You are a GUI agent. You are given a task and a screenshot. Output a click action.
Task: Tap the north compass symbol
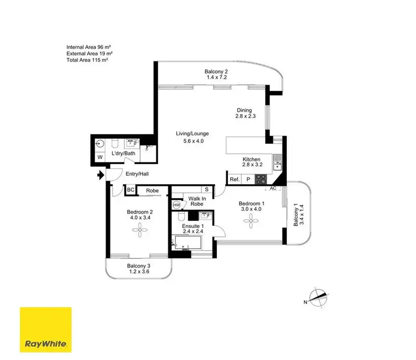pyautogui.click(x=318, y=299)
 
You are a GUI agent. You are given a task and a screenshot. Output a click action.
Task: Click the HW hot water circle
pyautogui.click(x=177, y=205)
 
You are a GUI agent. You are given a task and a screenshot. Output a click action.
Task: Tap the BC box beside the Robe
pyautogui.click(x=131, y=190)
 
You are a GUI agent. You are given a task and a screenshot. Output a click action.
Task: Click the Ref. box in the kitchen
pyautogui.click(x=234, y=179)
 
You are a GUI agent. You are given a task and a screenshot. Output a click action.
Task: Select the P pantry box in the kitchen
pyautogui.click(x=248, y=179)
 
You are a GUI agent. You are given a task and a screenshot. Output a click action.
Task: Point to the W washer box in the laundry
pyautogui.click(x=100, y=158)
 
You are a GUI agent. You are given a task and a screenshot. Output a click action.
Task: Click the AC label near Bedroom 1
pyautogui.click(x=272, y=189)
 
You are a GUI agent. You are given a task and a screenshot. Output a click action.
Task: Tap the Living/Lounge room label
pyautogui.click(x=190, y=133)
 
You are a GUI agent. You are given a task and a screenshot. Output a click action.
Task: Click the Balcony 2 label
pyautogui.click(x=216, y=71)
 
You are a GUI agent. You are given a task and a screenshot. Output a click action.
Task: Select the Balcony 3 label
pyautogui.click(x=138, y=266)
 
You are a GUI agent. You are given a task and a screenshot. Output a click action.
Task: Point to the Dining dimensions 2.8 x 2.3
pyautogui.click(x=243, y=117)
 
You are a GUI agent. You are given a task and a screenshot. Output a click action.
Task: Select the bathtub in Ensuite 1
pyautogui.click(x=187, y=242)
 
